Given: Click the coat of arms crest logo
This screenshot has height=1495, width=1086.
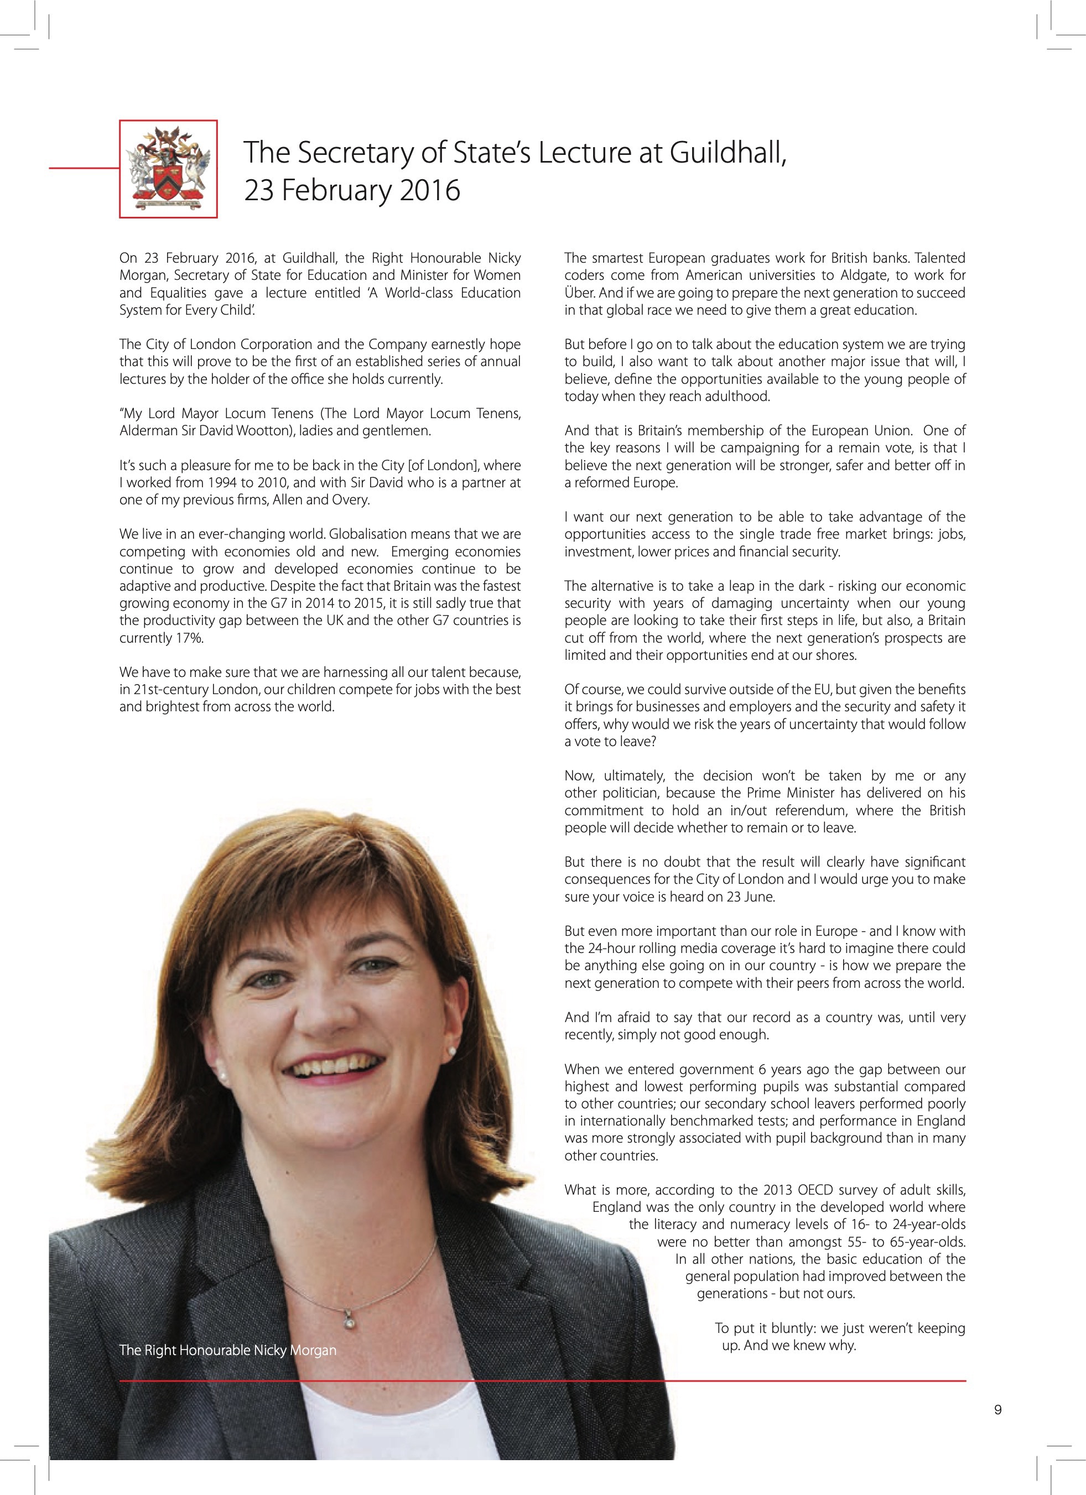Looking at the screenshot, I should (169, 169).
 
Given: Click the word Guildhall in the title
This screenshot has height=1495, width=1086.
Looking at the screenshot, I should (728, 153).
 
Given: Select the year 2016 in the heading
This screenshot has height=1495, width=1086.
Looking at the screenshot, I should (427, 190).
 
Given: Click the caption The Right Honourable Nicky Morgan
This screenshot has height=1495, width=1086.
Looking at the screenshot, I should (227, 1351).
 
